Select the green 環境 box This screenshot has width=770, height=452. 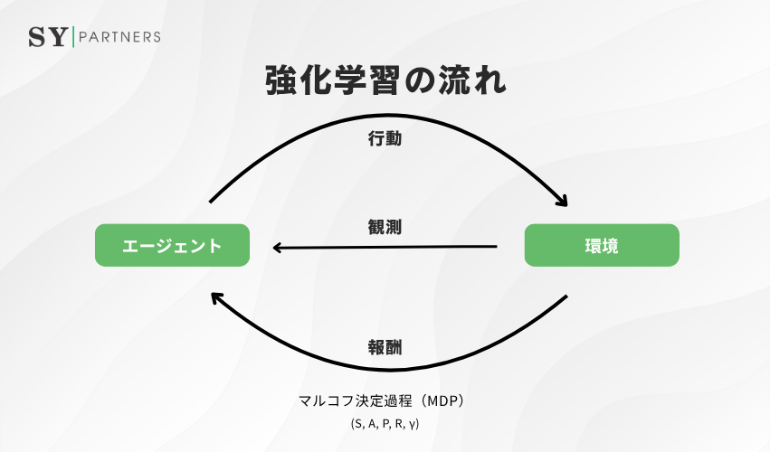[602, 245]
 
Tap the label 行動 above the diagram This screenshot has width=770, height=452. [385, 140]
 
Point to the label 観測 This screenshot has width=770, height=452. [385, 227]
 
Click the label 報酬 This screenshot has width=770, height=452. [385, 347]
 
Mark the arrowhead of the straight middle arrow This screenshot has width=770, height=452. [280, 247]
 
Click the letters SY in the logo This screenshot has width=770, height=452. [48, 37]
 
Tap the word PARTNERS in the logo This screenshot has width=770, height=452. [120, 37]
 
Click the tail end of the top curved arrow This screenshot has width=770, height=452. [210, 201]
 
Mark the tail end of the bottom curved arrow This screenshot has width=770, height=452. [566, 297]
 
